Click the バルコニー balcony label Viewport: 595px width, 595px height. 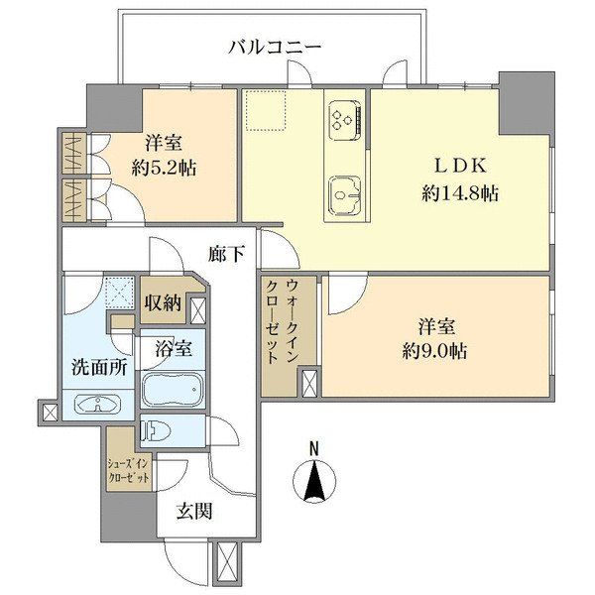tap(275, 49)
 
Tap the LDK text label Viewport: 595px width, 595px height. tap(460, 166)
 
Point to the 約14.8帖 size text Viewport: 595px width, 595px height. tap(460, 194)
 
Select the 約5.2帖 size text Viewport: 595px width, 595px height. tap(164, 168)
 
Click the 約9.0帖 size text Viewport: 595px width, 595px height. tap(435, 351)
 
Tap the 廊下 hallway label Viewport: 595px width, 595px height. tap(226, 254)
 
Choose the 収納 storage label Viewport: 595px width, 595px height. tap(164, 302)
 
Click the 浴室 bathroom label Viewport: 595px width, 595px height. tap(173, 348)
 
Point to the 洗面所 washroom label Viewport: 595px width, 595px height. tap(99, 367)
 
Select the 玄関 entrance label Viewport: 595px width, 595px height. tap(194, 511)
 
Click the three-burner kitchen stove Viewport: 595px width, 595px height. tap(344, 120)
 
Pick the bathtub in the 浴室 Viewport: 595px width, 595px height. tap(173, 389)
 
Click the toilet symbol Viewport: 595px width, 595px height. tap(155, 430)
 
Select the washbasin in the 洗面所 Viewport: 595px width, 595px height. tap(97, 404)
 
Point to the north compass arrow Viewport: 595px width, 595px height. tap(314, 479)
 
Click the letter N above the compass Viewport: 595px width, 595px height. tap(313, 448)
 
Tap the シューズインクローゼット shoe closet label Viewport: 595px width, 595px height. tap(129, 470)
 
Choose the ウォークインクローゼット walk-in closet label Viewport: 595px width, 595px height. tap(282, 321)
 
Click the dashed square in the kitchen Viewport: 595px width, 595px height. tap(265, 110)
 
